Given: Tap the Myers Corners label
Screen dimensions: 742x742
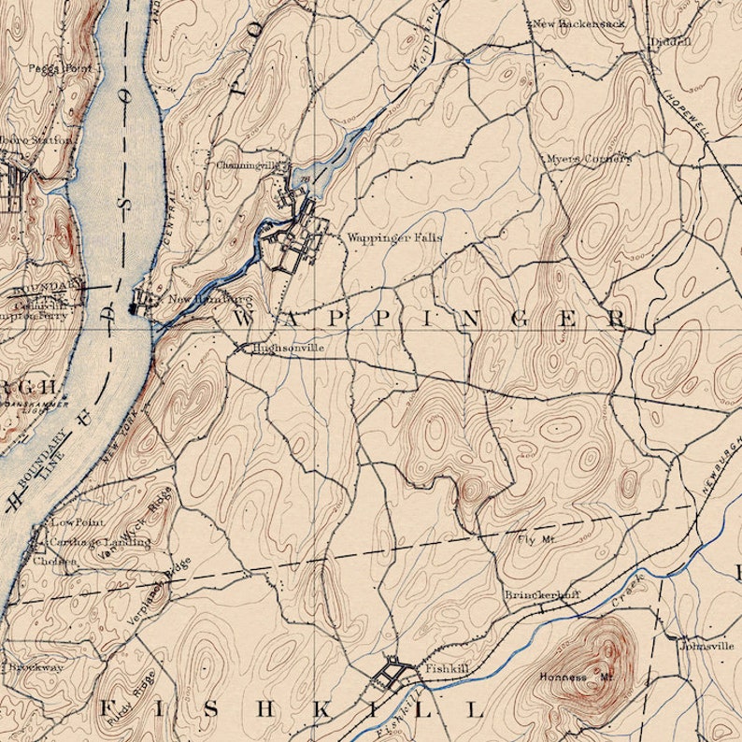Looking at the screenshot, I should [x=589, y=159].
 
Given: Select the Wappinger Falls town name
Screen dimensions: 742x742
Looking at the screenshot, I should [x=394, y=238].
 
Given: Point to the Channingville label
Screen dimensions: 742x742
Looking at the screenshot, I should [x=248, y=165].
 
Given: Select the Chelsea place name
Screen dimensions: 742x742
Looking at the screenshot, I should [x=49, y=562].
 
